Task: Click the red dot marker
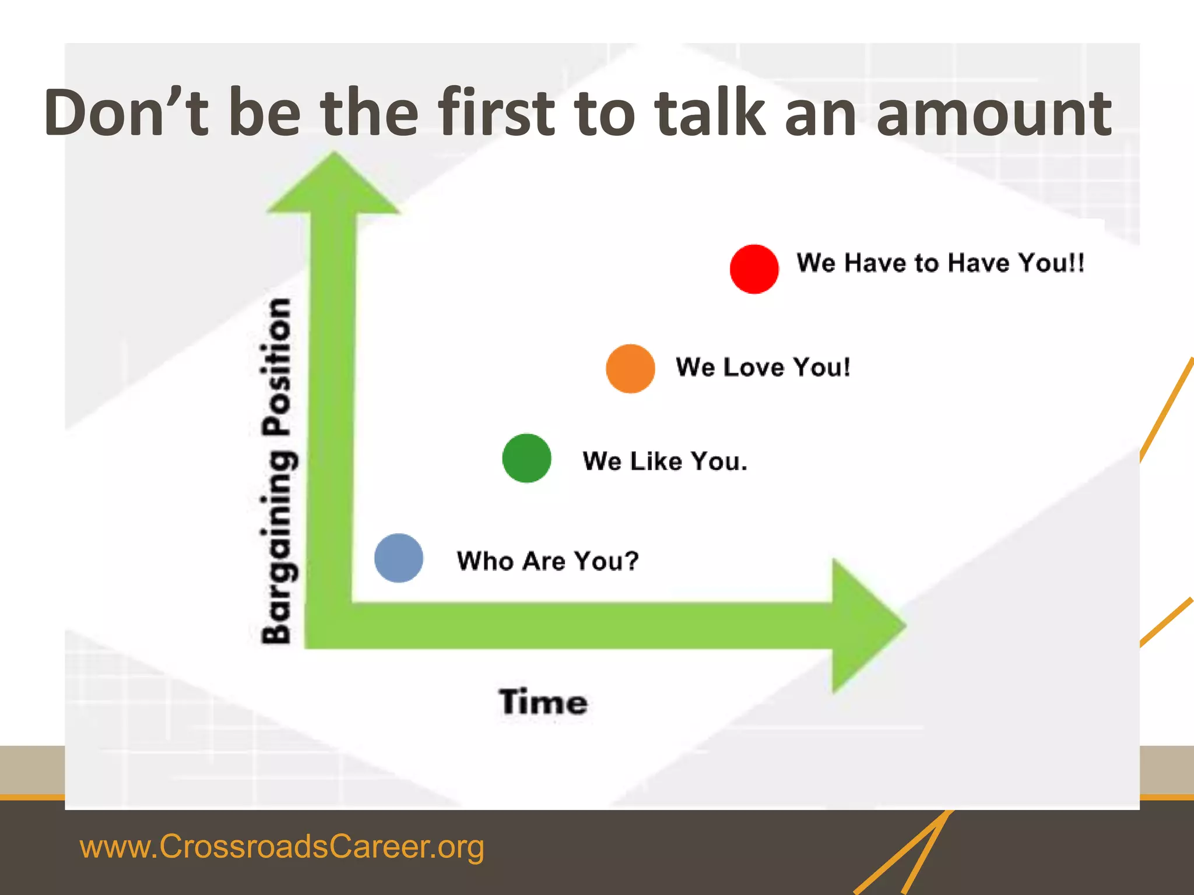tap(754, 269)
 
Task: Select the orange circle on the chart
tap(630, 368)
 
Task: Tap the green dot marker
tap(526, 458)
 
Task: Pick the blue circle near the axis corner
tap(399, 558)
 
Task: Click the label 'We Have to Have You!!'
tap(940, 263)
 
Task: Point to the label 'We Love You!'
tap(763, 367)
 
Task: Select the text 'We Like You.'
tap(665, 461)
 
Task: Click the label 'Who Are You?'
tap(547, 561)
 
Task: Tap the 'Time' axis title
tap(543, 702)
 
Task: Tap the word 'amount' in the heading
tap(993, 113)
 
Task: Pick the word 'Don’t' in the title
tap(126, 112)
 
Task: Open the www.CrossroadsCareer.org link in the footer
tap(282, 846)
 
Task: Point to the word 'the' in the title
tap(370, 112)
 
